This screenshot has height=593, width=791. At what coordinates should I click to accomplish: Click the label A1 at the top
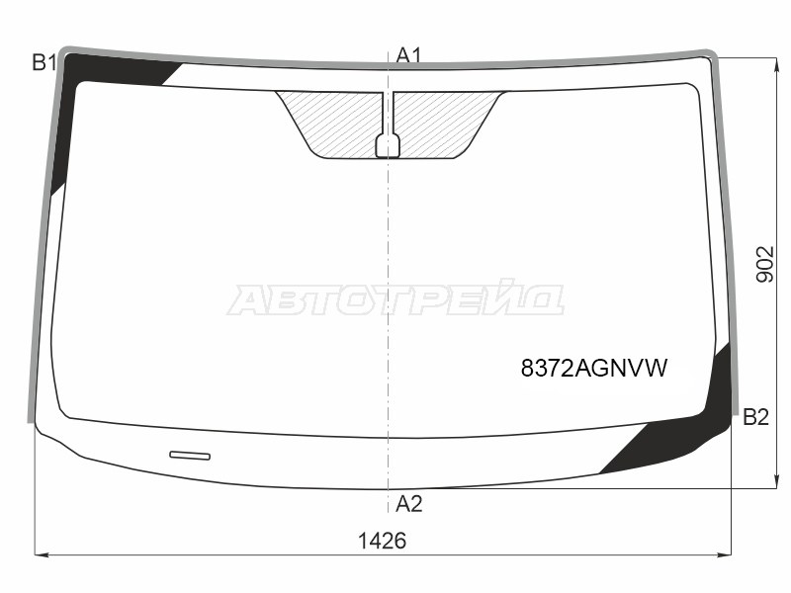coord(408,56)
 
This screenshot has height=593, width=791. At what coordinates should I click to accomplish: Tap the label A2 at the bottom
coord(408,505)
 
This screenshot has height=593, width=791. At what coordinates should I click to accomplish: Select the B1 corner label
coord(44,64)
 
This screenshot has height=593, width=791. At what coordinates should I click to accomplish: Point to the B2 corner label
coord(755,417)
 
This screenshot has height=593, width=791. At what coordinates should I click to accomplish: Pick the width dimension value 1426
coord(383,542)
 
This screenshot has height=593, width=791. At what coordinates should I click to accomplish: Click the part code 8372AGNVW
coord(594,369)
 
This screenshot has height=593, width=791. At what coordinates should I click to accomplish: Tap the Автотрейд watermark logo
coord(395,298)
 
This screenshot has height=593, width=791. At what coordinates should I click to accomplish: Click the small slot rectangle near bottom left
coord(190,456)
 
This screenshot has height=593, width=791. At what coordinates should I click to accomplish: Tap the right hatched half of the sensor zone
coord(445,123)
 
